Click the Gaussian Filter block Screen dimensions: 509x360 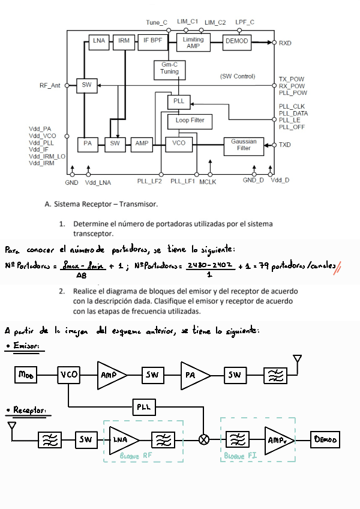pyautogui.click(x=244, y=144)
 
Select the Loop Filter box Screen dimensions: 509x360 pyautogui.click(x=190, y=120)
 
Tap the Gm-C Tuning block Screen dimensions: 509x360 pyautogui.click(x=169, y=68)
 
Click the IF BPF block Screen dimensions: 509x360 pyautogui.click(x=152, y=41)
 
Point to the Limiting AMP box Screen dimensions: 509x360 pyautogui.click(x=193, y=42)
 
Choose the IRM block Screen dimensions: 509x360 pyautogui.click(x=124, y=41)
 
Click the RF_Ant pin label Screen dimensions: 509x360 pyautogui.click(x=50, y=85)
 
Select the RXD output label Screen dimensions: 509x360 pyautogui.click(x=286, y=43)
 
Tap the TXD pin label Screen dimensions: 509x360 pyautogui.click(x=286, y=145)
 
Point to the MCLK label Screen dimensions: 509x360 pyautogui.click(x=208, y=181)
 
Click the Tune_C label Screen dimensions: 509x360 pyautogui.click(x=157, y=22)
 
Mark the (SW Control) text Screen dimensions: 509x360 pyautogui.click(x=238, y=76)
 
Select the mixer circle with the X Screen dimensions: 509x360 pyautogui.click(x=204, y=439)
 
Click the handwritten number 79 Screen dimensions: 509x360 pyautogui.click(x=262, y=265)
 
